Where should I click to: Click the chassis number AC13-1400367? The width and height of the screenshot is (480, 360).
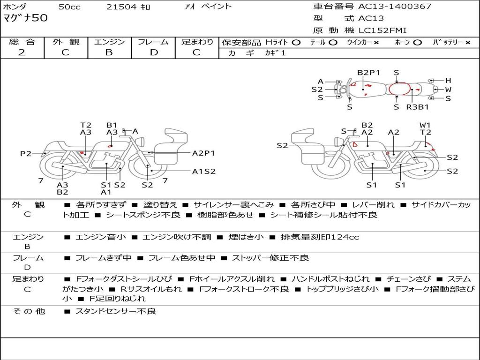click(x=395, y=7)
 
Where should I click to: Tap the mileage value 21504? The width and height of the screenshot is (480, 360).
click(x=121, y=7)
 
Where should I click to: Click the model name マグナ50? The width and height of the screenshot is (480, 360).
click(x=25, y=18)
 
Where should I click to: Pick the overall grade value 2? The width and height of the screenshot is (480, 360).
click(x=22, y=52)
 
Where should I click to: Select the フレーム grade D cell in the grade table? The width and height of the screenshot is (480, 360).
click(x=154, y=52)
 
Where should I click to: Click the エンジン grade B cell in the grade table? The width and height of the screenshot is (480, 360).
click(x=109, y=52)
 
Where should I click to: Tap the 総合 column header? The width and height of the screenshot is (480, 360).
click(x=22, y=42)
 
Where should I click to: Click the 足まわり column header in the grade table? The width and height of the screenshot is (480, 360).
click(x=197, y=42)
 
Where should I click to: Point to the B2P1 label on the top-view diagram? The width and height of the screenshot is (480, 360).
click(x=368, y=73)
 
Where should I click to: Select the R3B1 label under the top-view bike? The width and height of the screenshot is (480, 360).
click(x=417, y=107)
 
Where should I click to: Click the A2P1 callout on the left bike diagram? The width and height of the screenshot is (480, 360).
click(x=203, y=153)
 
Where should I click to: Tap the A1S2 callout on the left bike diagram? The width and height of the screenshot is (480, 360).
click(x=203, y=171)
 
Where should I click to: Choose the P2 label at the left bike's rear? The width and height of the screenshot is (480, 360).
click(x=25, y=154)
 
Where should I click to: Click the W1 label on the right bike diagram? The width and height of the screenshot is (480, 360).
click(x=425, y=125)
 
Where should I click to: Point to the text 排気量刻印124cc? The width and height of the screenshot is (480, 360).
click(x=320, y=237)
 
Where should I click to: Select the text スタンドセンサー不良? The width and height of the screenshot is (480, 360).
click(x=116, y=311)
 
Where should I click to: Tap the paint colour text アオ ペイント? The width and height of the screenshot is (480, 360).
click(x=208, y=7)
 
